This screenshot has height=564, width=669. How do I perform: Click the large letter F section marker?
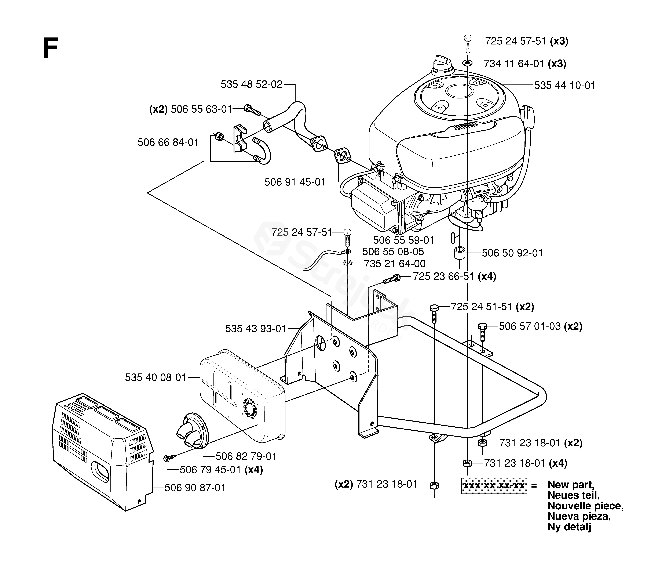pos(51,48)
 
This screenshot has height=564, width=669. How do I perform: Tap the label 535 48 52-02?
pos(252,84)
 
